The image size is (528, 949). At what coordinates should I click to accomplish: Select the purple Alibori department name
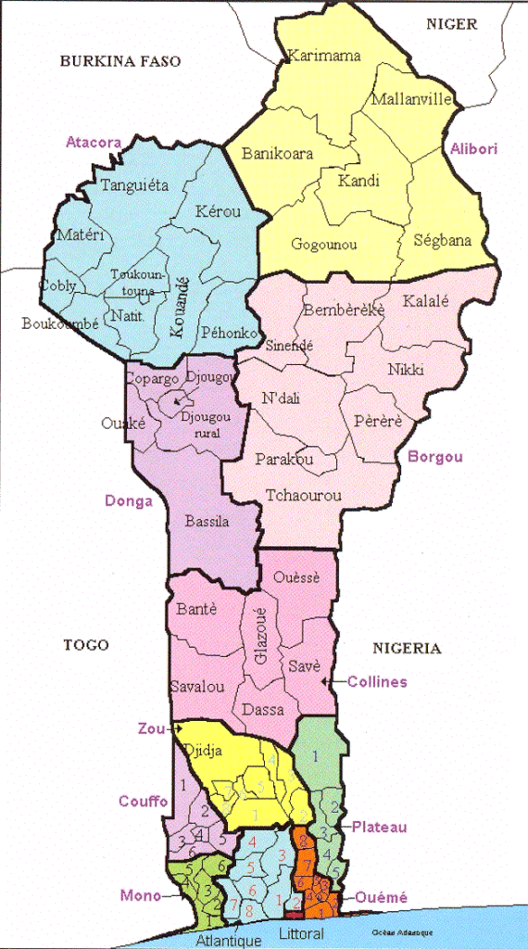click(474, 148)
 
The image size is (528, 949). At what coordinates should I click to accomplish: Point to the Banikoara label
click(277, 154)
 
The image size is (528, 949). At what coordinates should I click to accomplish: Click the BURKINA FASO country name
click(119, 61)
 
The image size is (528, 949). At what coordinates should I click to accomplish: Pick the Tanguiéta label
click(134, 184)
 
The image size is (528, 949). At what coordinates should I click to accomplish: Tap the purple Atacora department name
click(94, 142)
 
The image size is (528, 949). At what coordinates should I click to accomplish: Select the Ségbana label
click(441, 240)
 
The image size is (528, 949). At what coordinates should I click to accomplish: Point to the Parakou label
click(283, 460)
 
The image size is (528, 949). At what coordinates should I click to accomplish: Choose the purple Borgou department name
click(435, 457)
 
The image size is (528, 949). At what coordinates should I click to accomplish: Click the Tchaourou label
click(303, 495)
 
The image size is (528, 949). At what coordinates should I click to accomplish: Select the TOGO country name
click(85, 645)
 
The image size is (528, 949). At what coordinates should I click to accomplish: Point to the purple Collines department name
click(377, 681)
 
